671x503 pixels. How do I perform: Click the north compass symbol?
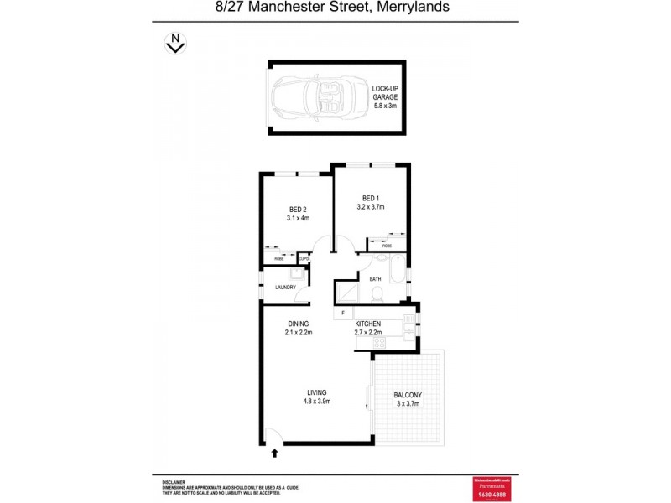(x=175, y=43)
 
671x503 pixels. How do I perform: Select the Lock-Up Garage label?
(x=386, y=96)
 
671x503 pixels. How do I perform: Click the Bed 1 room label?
(x=370, y=199)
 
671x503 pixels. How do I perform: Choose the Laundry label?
(x=285, y=288)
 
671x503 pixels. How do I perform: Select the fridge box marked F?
(x=343, y=314)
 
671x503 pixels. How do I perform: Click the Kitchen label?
(x=368, y=324)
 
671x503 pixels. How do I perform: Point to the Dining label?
(x=299, y=324)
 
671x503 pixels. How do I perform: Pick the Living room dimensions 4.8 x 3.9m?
(x=316, y=402)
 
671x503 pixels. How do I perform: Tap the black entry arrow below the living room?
(x=275, y=454)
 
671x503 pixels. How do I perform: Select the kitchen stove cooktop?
(x=378, y=343)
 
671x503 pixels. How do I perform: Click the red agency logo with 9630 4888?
(x=492, y=487)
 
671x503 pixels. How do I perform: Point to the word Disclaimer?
(x=174, y=482)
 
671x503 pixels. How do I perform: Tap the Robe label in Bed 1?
(x=386, y=246)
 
